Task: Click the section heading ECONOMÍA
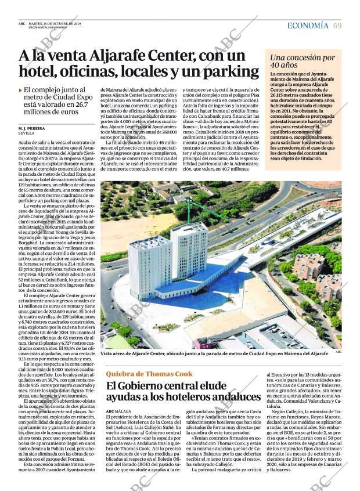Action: pos(308,26)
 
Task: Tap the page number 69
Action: pos(337,26)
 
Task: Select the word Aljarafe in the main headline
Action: pos(115,56)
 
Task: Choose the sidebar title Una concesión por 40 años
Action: pos(302,62)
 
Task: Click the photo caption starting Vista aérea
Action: pos(215,353)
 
